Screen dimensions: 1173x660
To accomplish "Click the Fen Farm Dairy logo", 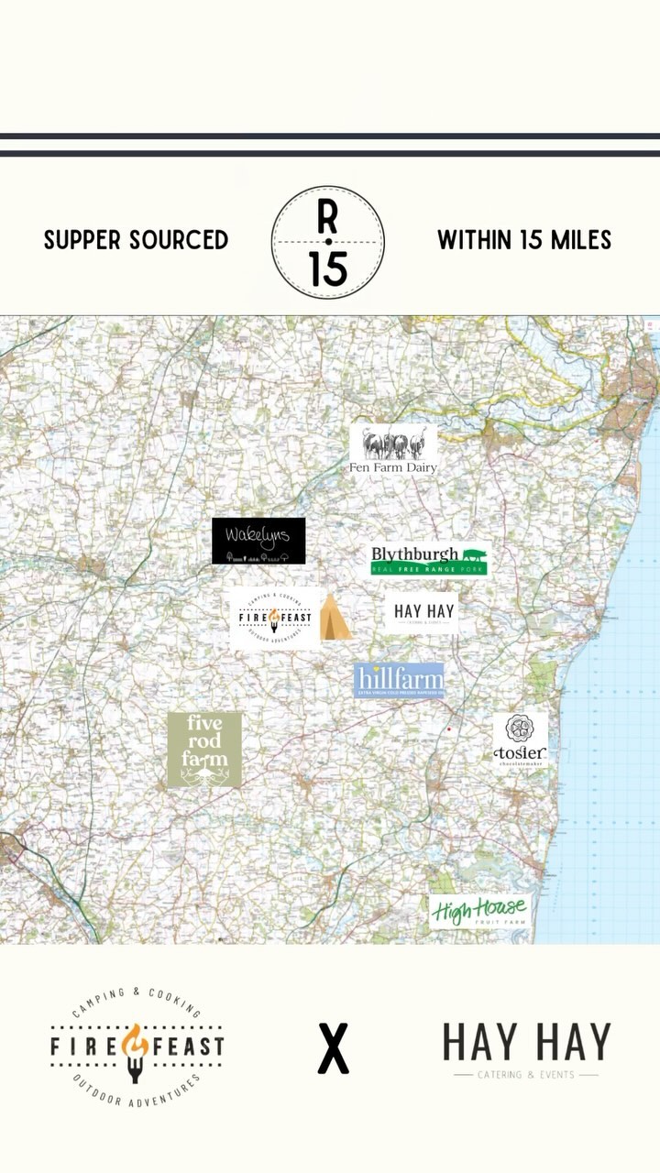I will (x=393, y=449).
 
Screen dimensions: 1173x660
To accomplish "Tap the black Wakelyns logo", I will (x=258, y=541).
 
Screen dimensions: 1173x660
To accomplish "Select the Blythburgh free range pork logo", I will (x=429, y=560).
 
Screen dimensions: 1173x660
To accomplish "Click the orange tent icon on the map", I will (x=335, y=617).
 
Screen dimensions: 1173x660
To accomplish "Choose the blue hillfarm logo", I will (x=400, y=681).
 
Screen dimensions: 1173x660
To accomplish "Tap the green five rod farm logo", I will (x=204, y=750).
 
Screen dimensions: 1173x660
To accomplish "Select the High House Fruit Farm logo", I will (x=478, y=911).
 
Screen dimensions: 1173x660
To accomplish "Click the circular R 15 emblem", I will (x=327, y=242).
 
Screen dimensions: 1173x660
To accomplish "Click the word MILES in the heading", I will (x=580, y=240).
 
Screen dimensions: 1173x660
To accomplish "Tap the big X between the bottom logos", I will (x=333, y=1049).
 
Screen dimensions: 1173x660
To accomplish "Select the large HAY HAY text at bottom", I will (x=526, y=1043).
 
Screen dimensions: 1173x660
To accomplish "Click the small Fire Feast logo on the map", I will (x=274, y=617).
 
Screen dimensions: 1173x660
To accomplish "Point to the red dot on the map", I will (x=448, y=729).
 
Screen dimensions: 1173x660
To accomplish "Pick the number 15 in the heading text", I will (x=533, y=240).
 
